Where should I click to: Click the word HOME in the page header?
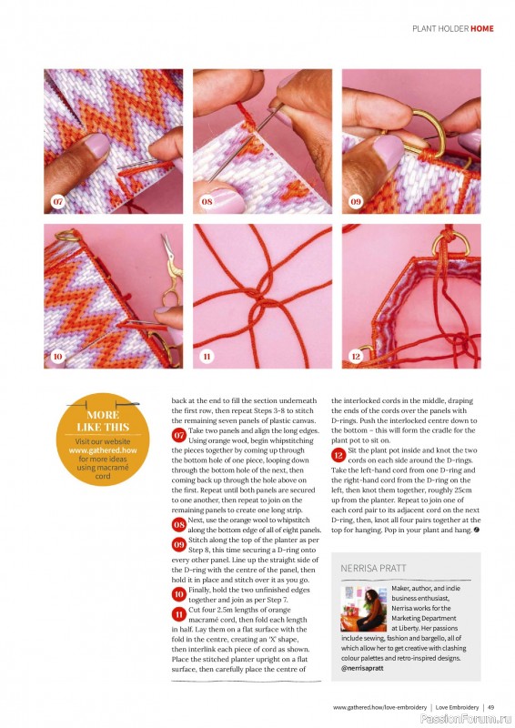482,28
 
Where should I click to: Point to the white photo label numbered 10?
58,356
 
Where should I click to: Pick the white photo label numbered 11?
207,356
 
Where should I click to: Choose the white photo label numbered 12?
356,356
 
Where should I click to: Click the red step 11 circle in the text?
179,615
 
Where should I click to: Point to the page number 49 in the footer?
490,707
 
